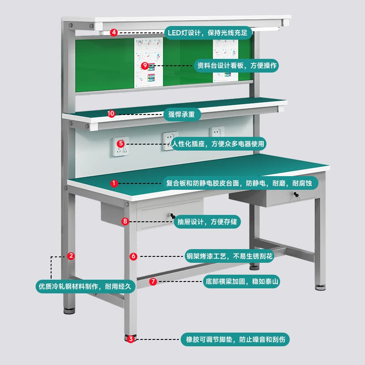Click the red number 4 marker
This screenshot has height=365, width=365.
click(x=114, y=32)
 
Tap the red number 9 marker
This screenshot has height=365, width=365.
click(x=145, y=66)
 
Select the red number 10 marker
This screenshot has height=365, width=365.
click(x=111, y=114)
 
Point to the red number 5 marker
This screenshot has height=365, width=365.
click(x=120, y=143)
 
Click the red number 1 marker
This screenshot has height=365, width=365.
click(x=114, y=183)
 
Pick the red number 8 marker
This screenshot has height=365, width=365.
click(x=125, y=222)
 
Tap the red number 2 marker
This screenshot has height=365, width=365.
click(x=71, y=256)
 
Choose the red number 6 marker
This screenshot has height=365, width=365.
click(x=133, y=256)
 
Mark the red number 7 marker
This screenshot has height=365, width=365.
click(x=153, y=282)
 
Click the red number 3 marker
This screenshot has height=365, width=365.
click(x=131, y=339)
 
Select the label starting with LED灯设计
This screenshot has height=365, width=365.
click(x=208, y=33)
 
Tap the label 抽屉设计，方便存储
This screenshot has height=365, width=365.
click(x=208, y=222)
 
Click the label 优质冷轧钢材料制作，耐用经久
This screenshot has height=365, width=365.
click(x=85, y=286)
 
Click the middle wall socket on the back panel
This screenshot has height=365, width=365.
click(x=171, y=140)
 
